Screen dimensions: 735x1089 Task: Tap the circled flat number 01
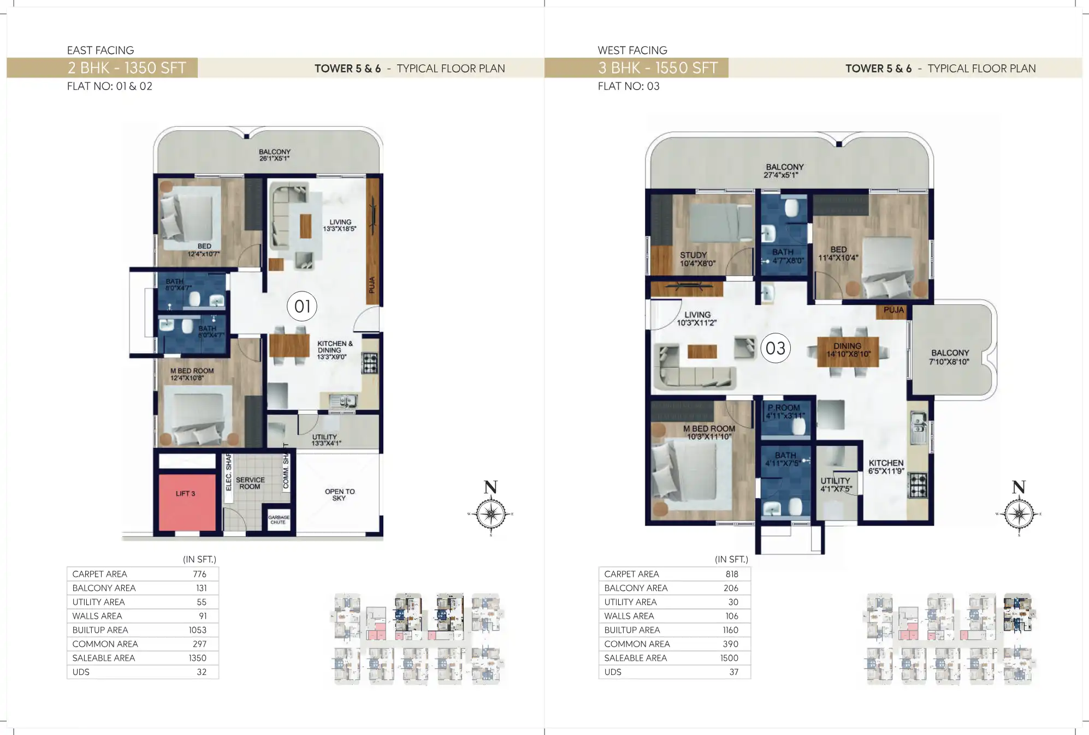[x=302, y=306]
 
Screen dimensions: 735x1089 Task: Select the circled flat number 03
[x=775, y=348]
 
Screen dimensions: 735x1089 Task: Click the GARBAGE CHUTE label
[x=279, y=519]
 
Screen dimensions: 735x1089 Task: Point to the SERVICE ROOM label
[x=250, y=483]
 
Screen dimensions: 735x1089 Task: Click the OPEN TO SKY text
[x=339, y=494]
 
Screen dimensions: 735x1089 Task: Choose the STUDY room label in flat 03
[x=694, y=255]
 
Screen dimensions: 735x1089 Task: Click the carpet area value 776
[x=199, y=574]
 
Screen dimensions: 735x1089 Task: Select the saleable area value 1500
[x=729, y=658]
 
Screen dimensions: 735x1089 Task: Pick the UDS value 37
[x=733, y=672]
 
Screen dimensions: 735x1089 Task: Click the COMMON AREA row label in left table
[x=105, y=644]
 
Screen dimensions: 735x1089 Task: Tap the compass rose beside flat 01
[x=490, y=514]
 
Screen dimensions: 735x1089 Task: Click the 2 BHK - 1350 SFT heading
[x=127, y=68]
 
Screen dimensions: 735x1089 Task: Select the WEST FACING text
[x=632, y=50]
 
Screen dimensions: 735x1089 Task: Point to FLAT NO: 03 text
[x=628, y=86]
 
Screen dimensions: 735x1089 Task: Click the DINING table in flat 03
[x=848, y=350]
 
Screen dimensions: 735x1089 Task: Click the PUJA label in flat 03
[x=893, y=310]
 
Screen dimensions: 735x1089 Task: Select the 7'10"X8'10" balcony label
[x=949, y=362]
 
